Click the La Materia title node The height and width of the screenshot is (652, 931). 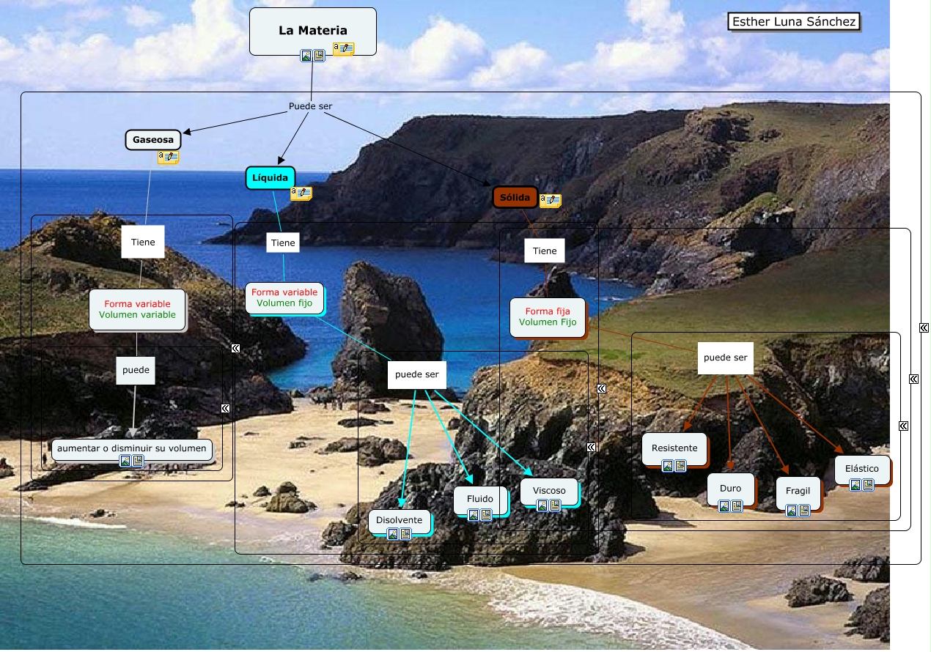(x=312, y=32)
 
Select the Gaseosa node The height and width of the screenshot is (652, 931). (x=153, y=140)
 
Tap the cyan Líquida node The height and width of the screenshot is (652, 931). (x=271, y=178)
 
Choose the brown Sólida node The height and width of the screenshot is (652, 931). (x=515, y=197)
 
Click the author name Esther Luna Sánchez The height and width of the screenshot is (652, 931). (x=793, y=21)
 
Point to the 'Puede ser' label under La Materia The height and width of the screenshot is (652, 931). (x=311, y=106)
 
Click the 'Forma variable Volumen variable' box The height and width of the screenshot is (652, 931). (x=137, y=309)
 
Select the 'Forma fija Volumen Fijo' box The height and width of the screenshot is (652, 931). (x=548, y=317)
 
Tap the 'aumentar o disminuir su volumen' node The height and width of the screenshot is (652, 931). (x=132, y=449)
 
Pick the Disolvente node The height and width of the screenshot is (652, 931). (x=399, y=521)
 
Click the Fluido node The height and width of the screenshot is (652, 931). (x=480, y=500)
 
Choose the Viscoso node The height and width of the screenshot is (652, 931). (x=549, y=492)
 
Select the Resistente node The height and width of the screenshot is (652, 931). (x=674, y=449)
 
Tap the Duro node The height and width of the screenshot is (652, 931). (x=730, y=489)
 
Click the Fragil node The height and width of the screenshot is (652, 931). (x=798, y=492)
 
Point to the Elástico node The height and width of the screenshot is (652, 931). (x=862, y=470)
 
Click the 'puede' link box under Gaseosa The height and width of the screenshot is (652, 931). (x=136, y=371)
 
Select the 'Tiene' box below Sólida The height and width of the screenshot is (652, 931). (x=545, y=251)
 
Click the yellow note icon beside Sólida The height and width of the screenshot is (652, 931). (x=551, y=200)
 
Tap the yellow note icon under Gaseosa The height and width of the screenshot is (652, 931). (x=168, y=157)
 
